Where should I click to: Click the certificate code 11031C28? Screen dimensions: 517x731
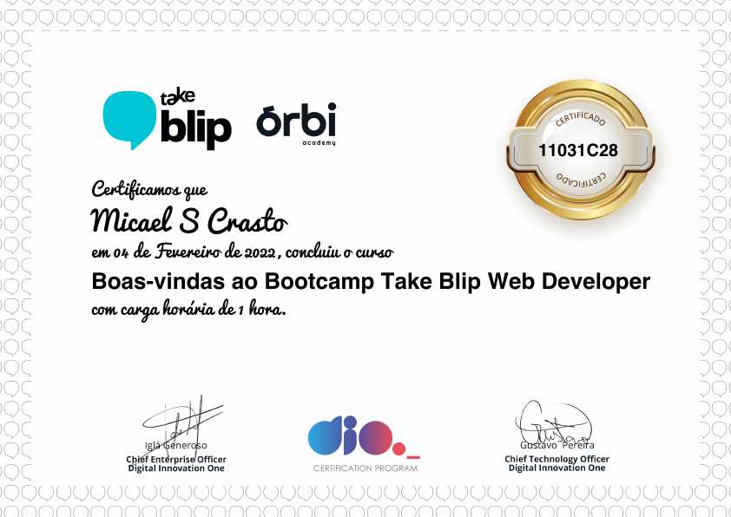578,150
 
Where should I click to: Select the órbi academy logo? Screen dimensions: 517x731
296,123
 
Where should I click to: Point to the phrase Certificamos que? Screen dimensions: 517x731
149,188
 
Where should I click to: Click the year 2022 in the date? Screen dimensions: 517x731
258,252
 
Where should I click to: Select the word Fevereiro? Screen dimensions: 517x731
188,252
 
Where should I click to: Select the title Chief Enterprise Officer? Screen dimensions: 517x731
176,459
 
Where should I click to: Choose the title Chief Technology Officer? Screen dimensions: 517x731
556,459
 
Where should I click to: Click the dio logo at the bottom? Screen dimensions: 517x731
356,436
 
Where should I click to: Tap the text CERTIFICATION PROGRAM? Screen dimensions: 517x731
365,468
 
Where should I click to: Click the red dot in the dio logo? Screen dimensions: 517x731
398,449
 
